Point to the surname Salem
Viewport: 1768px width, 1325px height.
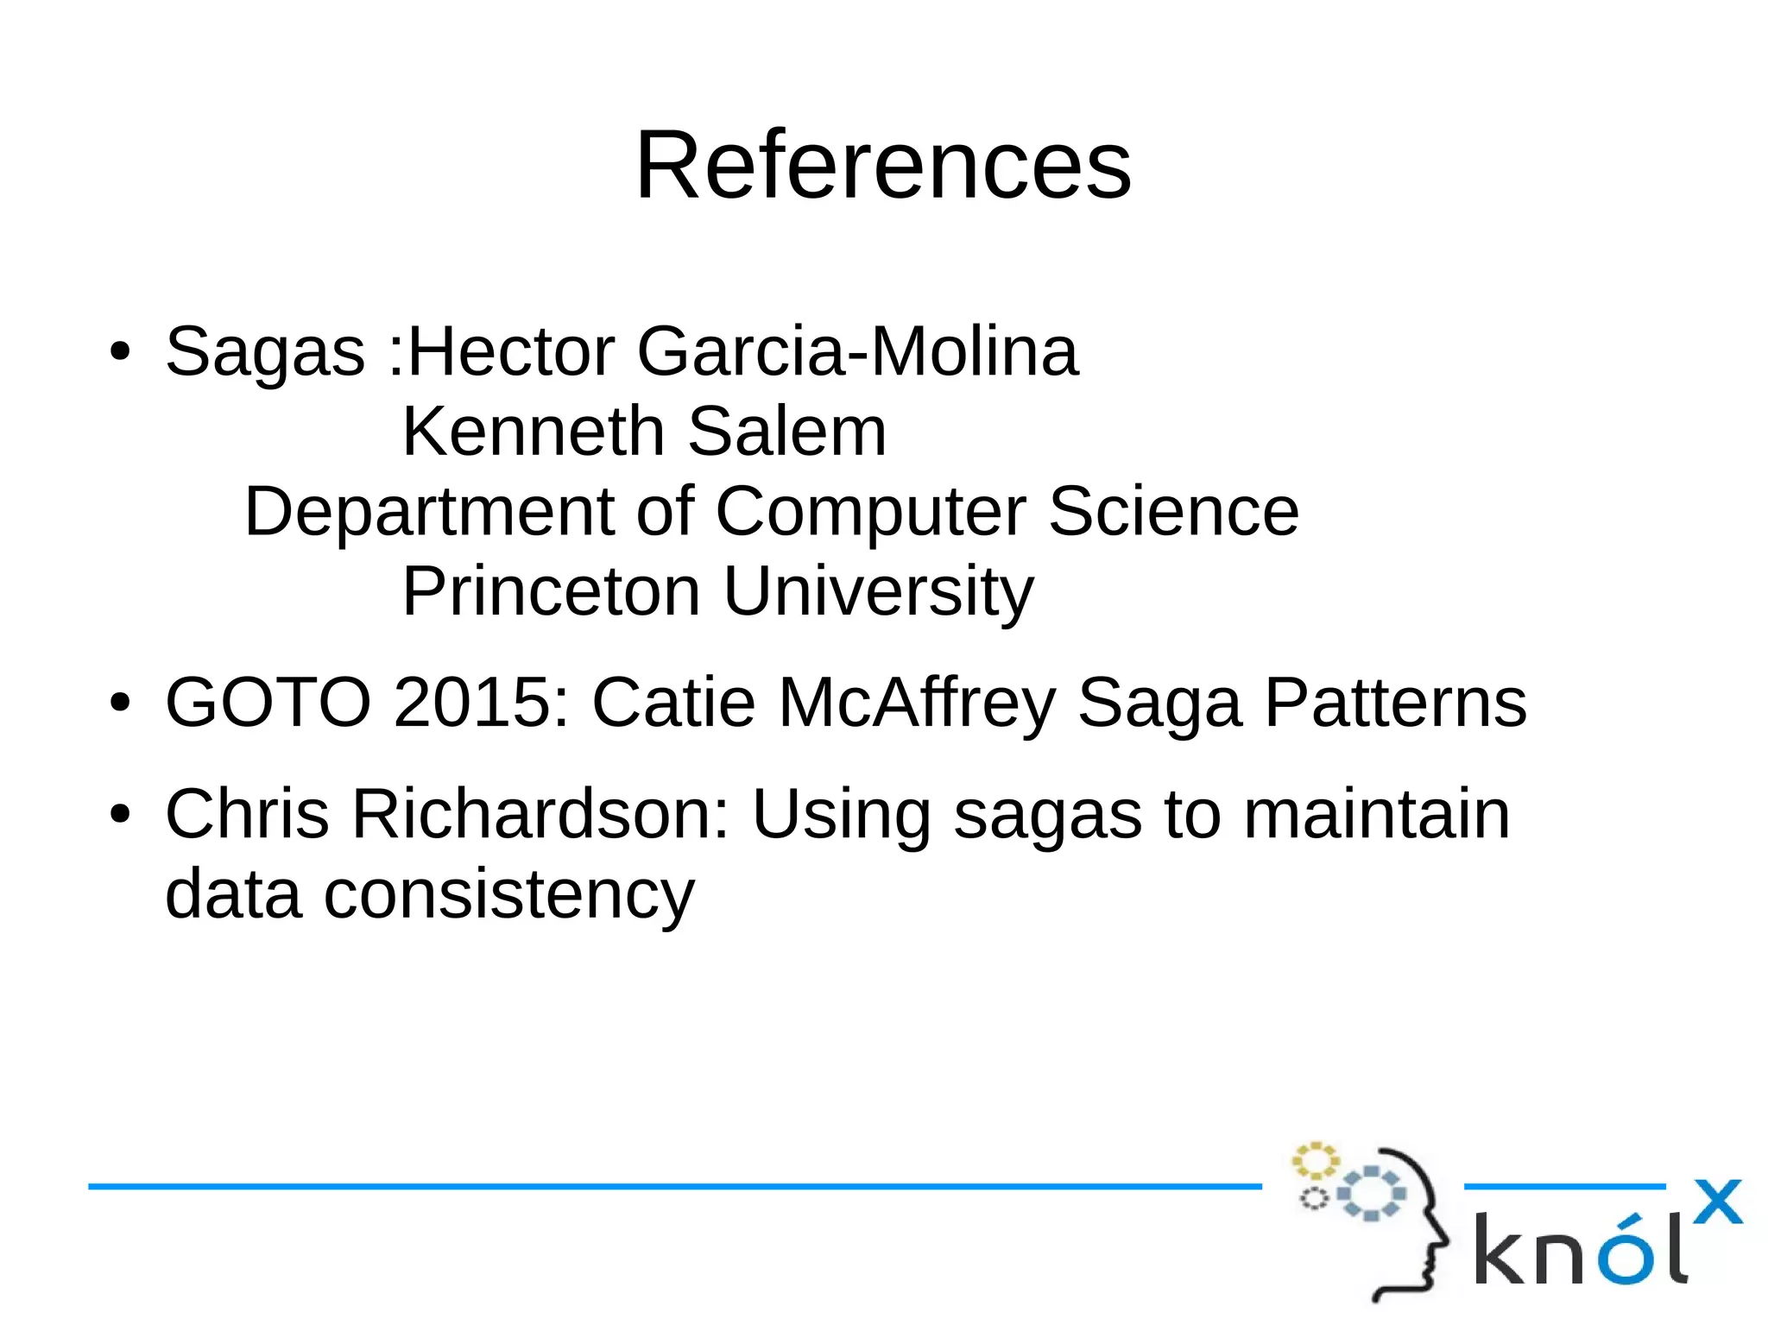click(787, 431)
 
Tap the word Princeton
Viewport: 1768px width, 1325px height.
click(551, 591)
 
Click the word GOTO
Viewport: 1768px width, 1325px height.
click(268, 702)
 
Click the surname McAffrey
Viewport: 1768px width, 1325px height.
click(917, 704)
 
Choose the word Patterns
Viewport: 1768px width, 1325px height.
click(1395, 702)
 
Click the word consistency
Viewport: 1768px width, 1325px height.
click(508, 894)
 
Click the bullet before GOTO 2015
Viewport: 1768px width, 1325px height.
click(120, 702)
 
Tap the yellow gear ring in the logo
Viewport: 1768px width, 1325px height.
click(1315, 1160)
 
